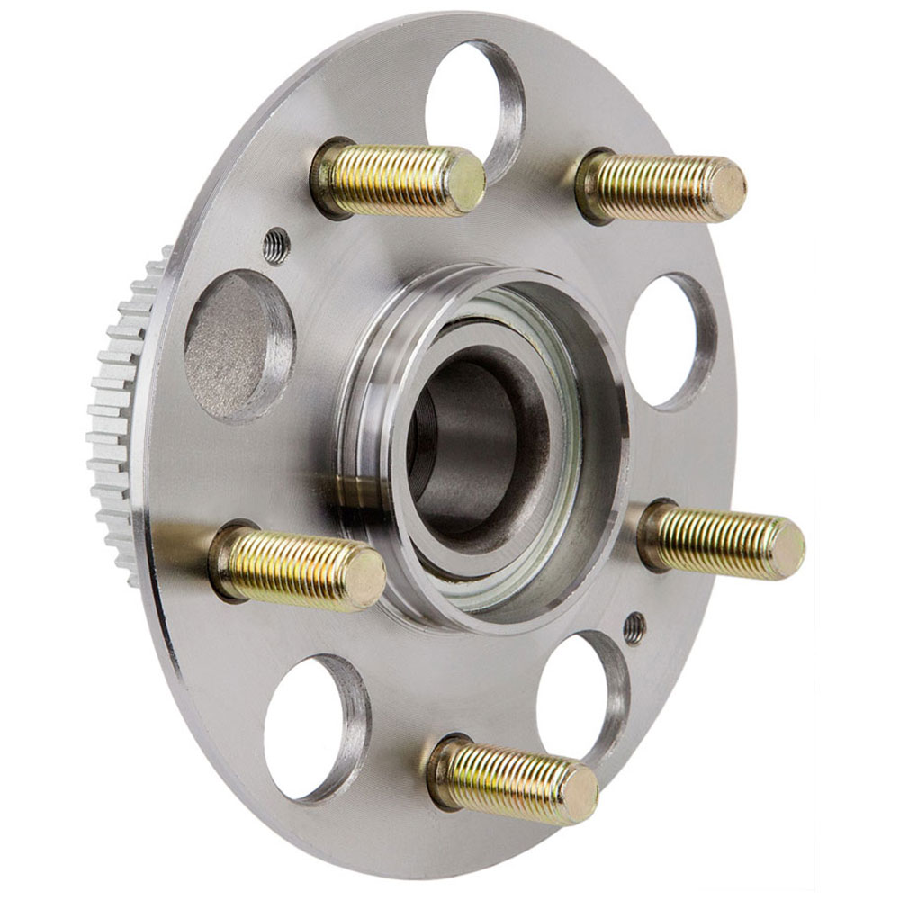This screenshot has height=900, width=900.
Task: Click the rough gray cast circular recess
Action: [236, 346]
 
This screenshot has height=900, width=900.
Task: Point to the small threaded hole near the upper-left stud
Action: [276, 245]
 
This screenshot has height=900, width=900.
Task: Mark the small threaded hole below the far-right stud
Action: [634, 627]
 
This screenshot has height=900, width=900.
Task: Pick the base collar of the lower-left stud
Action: [225, 558]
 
